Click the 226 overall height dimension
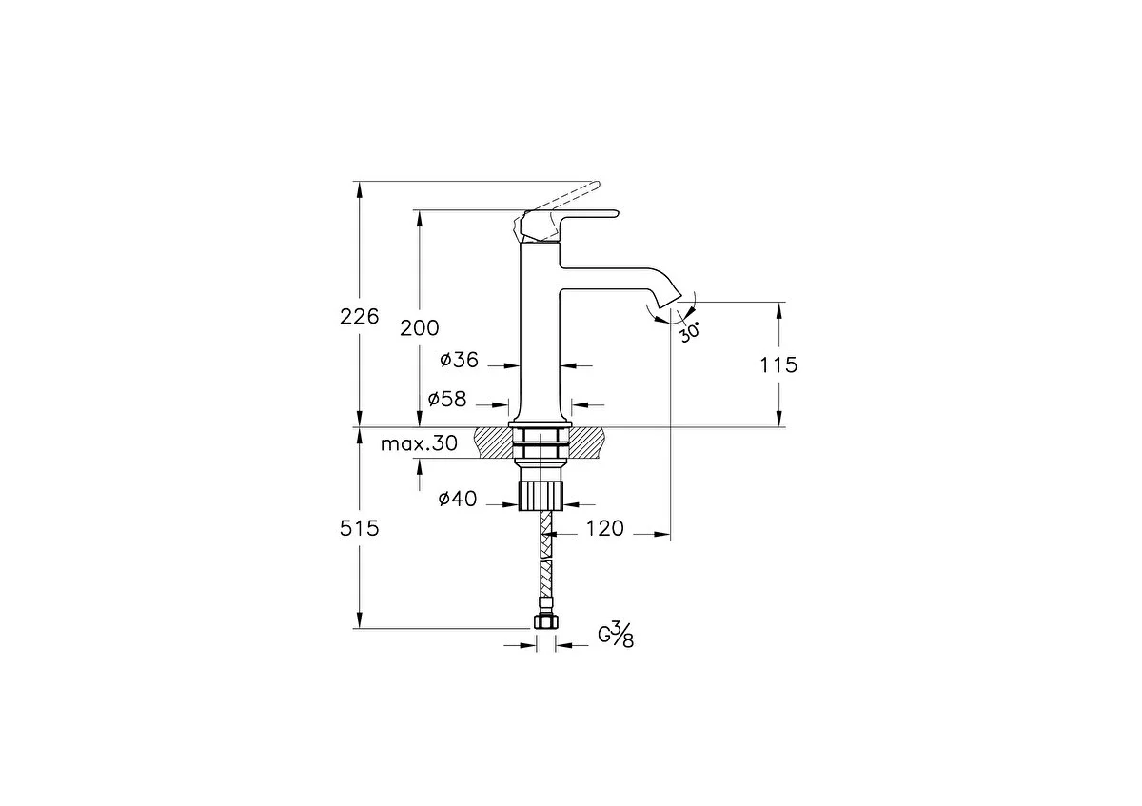coord(360,317)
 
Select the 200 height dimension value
coord(419,328)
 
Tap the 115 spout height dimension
coord(778,365)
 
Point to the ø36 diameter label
coord(460,361)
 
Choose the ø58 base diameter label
coord(447,399)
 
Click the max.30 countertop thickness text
coord(419,444)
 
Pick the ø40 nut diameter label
coord(458,499)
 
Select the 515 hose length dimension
coord(360,529)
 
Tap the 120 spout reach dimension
coord(604,529)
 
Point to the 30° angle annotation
coord(689,332)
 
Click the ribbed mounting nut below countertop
coord(541,495)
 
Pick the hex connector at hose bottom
coord(545,622)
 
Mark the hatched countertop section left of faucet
coord(494,442)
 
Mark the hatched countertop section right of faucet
coord(586,442)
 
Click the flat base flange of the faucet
coord(541,424)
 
